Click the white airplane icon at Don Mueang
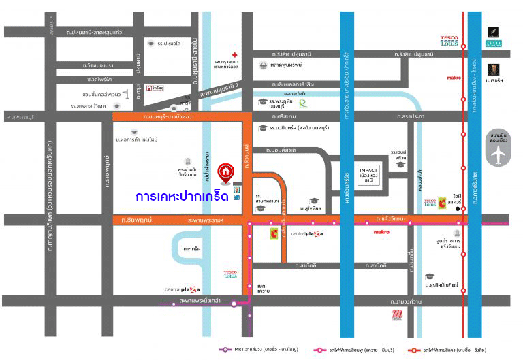[499, 154]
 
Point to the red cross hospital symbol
[234, 54]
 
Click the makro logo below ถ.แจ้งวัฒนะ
[381, 232]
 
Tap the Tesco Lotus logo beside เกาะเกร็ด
[231, 274]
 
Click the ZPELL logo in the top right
[494, 37]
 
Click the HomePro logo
[158, 88]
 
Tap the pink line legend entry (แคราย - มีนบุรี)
[352, 350]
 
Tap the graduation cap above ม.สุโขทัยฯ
[314, 201]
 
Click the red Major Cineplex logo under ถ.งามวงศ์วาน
[398, 315]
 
